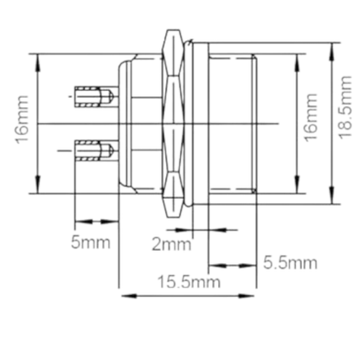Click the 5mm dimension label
pos(90,242)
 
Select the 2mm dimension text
pos(170,243)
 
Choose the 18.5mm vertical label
pos(345,122)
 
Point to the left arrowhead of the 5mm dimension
pos(80,218)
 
